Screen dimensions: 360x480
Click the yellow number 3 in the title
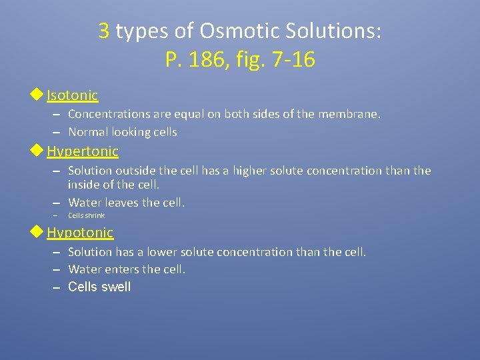click(104, 31)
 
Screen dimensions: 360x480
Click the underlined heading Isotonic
click(72, 95)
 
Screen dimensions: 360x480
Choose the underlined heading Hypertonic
click(82, 151)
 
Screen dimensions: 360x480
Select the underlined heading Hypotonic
click(80, 233)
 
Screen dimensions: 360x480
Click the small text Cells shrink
click(86, 215)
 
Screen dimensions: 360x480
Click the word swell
click(115, 287)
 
